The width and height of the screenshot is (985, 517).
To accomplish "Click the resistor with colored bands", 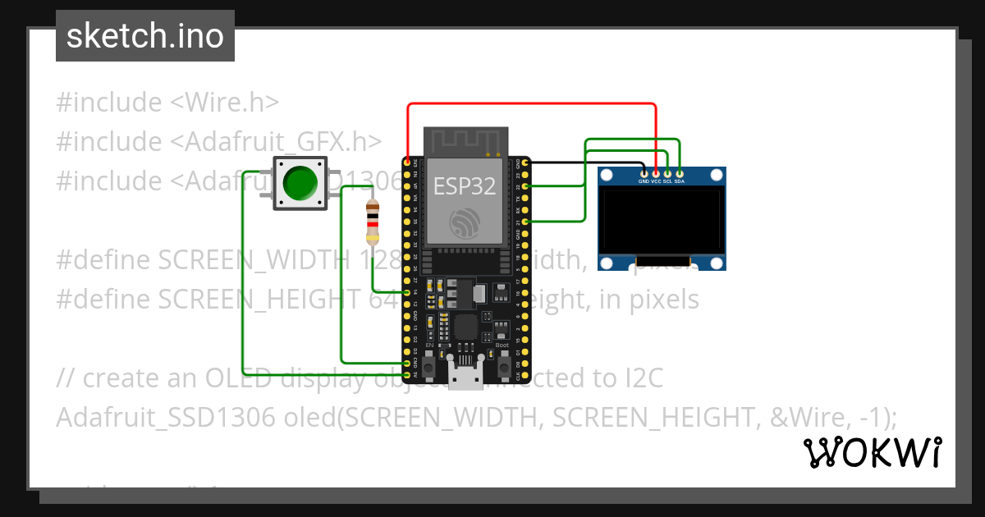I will pyautogui.click(x=373, y=222).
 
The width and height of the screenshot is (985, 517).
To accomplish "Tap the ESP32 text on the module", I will pyautogui.click(x=465, y=186).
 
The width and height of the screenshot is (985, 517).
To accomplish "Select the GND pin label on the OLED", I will pyautogui.click(x=644, y=181).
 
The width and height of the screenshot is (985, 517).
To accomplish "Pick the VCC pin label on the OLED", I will pyautogui.click(x=656, y=181).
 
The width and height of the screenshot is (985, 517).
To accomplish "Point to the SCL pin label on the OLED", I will pyautogui.click(x=667, y=181).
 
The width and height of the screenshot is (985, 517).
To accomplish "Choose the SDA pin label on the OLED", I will pyautogui.click(x=680, y=181).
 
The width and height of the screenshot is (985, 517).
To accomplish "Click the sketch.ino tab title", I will pyautogui.click(x=145, y=36).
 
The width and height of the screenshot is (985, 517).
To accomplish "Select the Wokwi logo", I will pyautogui.click(x=872, y=452).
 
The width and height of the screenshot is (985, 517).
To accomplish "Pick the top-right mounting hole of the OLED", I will pyautogui.click(x=717, y=176).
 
